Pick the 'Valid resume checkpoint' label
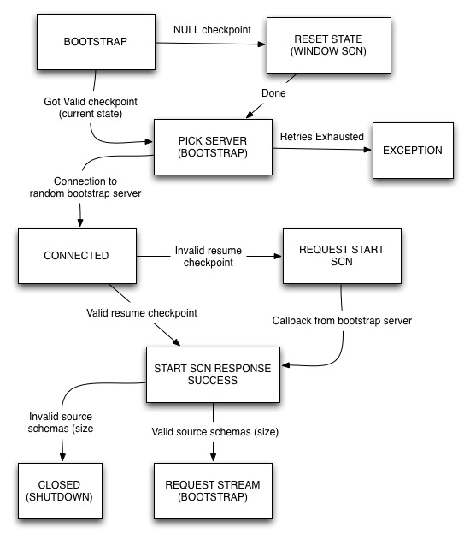pyautogui.click(x=140, y=313)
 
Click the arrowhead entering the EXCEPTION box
pyautogui.click(x=367, y=151)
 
